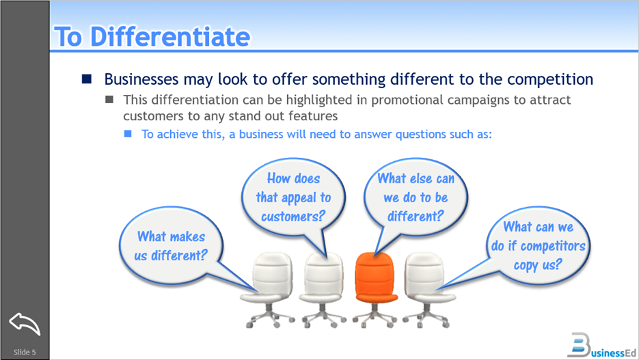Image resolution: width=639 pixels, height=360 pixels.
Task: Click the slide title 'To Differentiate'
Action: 151,36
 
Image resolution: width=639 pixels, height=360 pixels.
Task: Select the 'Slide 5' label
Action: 25,352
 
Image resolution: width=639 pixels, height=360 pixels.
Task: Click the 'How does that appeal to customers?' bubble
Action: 293,197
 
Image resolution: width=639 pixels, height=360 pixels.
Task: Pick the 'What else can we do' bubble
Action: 416,197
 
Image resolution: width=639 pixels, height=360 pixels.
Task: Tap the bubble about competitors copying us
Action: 538,245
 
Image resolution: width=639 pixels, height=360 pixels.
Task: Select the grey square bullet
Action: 109,100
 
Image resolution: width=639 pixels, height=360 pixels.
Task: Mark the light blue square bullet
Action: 128,134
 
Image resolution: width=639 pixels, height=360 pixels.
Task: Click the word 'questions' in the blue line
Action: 419,134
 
